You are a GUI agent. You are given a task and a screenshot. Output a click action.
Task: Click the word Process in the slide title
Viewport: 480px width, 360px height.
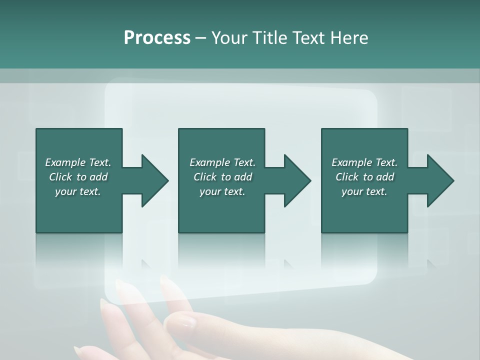(157, 38)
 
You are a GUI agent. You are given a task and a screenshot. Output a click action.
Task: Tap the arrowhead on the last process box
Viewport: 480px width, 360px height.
(440, 180)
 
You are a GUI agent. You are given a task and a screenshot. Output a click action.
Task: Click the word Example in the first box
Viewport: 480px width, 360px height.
(65, 162)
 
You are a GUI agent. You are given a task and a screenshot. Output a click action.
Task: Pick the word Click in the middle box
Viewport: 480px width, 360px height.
(205, 177)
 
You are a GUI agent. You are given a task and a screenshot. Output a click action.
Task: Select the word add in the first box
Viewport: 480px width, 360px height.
(98, 177)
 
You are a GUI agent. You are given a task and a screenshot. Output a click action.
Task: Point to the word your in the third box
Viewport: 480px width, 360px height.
(352, 191)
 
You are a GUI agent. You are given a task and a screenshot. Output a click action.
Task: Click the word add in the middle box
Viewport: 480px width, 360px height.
(243, 177)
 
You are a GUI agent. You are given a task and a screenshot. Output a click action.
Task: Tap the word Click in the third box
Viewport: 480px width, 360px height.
(347, 177)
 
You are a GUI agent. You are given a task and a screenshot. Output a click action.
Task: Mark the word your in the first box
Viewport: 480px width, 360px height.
(66, 191)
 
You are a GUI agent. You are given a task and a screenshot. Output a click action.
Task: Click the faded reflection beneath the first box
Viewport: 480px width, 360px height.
(79, 250)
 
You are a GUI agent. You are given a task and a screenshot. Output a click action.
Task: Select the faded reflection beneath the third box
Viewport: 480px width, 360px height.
(364, 250)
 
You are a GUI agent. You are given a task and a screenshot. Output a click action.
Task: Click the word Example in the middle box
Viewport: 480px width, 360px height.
(210, 162)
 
